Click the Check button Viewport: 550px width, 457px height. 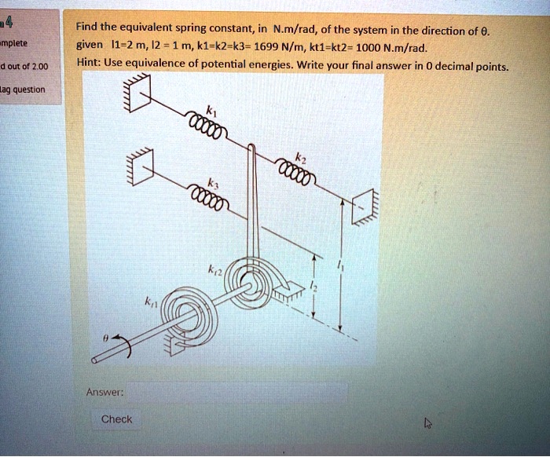[117, 419]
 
